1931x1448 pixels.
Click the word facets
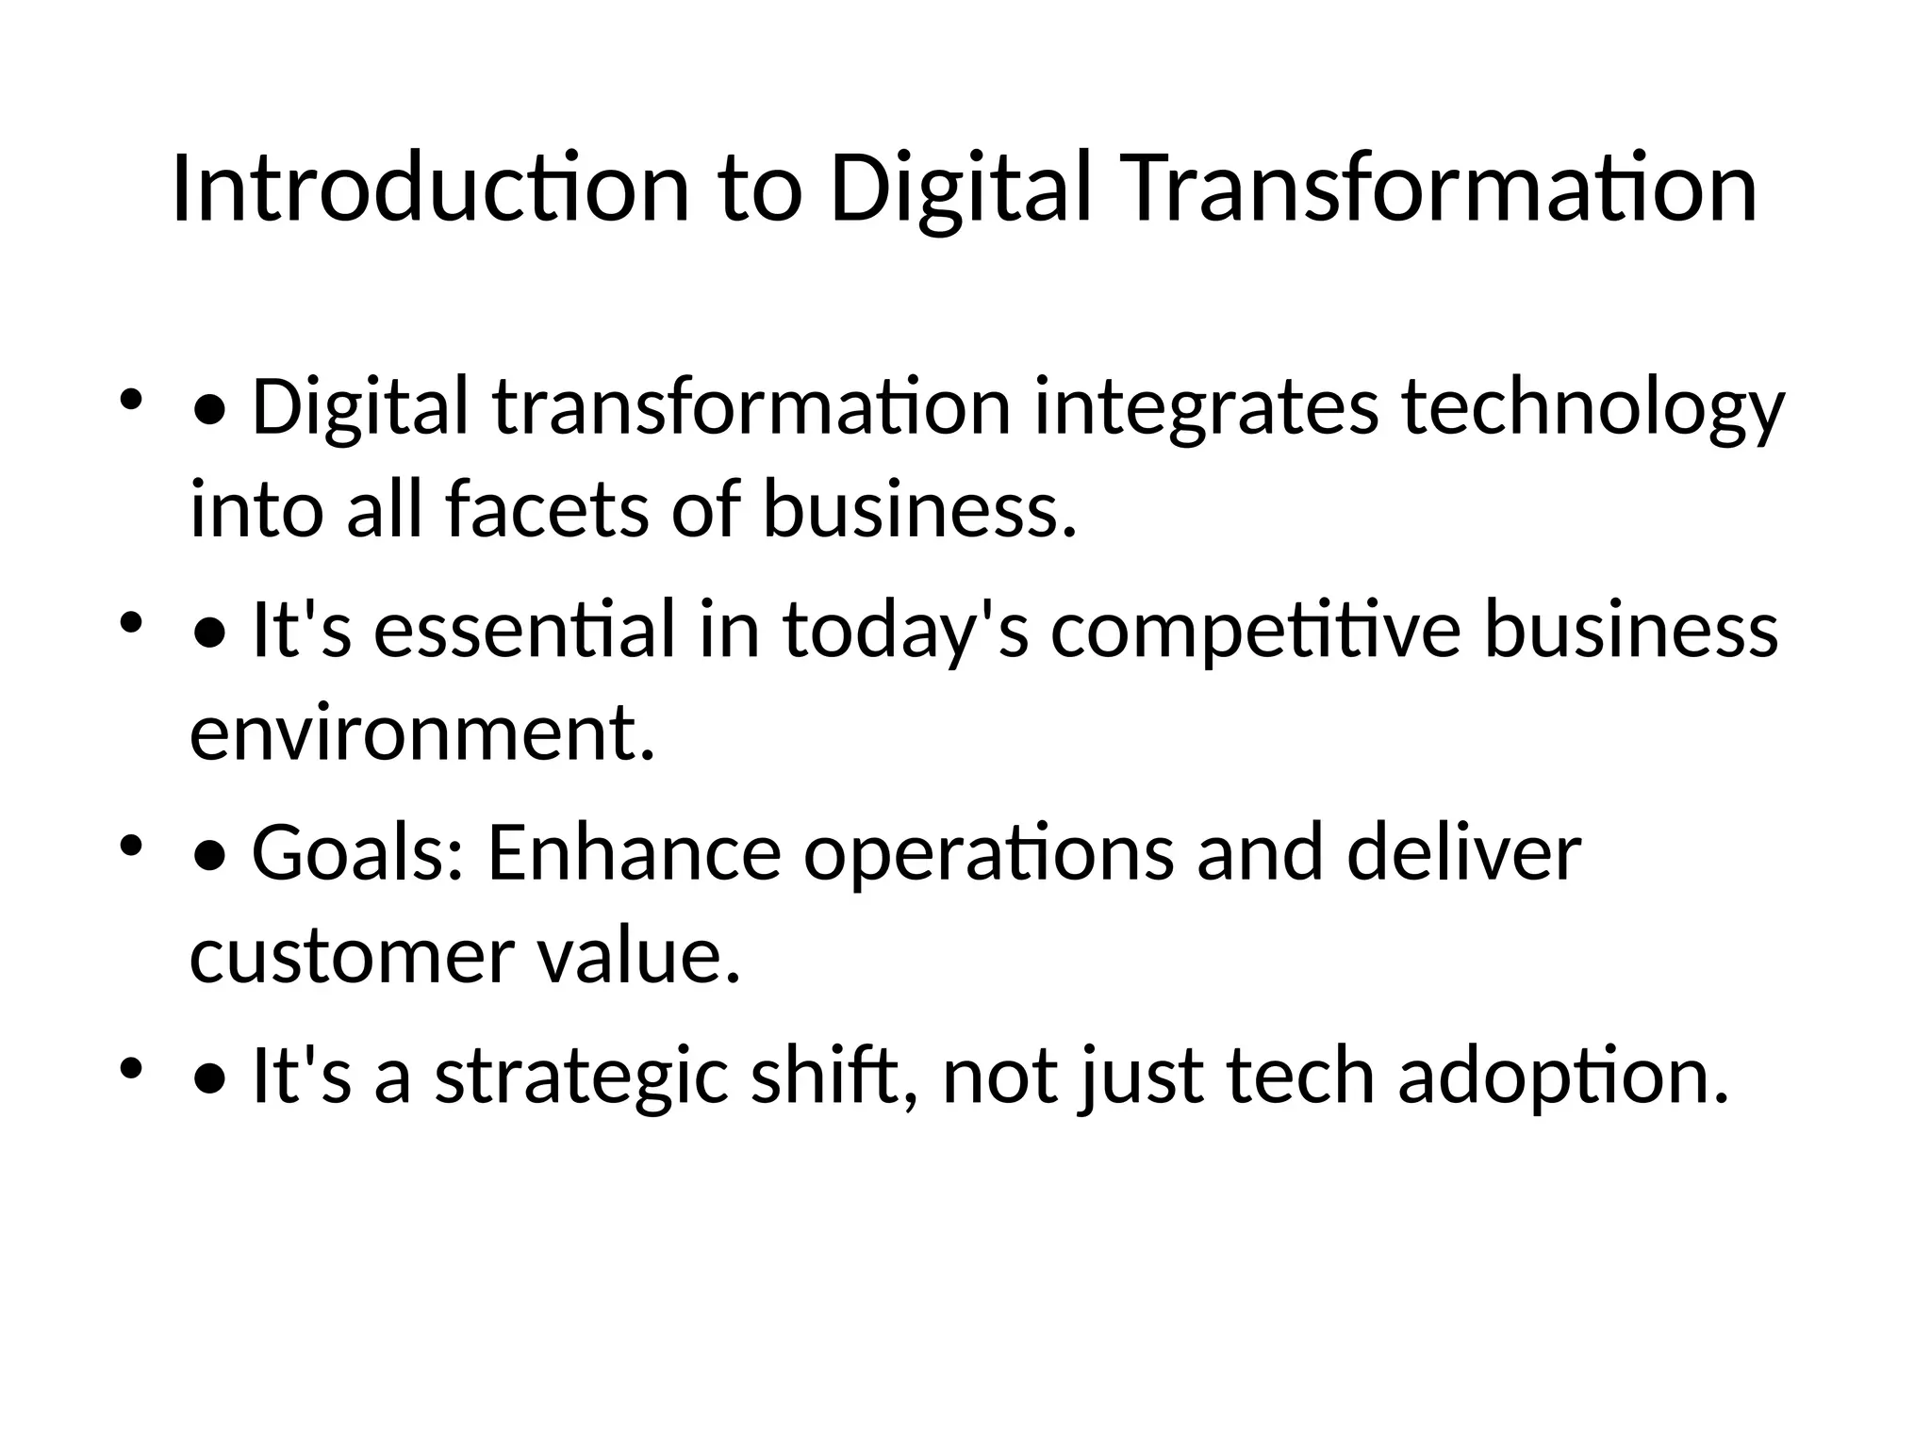point(546,510)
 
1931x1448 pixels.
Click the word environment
point(421,733)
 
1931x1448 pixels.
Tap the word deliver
point(1463,853)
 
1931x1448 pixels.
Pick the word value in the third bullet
point(638,956)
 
